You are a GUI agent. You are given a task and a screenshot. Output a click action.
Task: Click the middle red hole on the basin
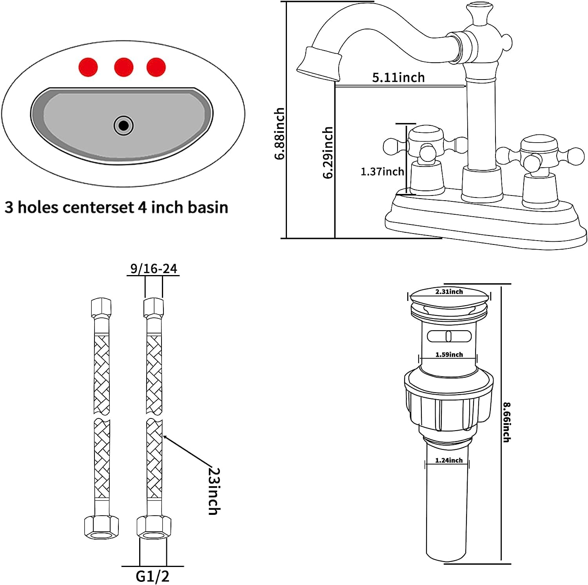(x=123, y=67)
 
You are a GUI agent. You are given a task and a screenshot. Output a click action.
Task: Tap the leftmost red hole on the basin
(x=88, y=67)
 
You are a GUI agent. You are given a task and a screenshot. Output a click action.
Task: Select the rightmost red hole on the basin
(x=156, y=67)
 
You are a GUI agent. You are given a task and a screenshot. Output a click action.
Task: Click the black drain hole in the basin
(x=124, y=125)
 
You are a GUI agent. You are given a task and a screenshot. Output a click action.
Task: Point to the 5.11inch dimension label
(x=398, y=77)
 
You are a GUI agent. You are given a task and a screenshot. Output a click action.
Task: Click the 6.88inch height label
(x=279, y=134)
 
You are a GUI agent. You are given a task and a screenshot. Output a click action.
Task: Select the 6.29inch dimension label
(x=328, y=152)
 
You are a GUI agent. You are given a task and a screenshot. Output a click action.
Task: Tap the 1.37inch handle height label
(x=382, y=171)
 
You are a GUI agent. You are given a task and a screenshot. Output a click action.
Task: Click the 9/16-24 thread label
(x=154, y=268)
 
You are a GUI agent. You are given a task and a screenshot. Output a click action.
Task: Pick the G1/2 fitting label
(x=152, y=576)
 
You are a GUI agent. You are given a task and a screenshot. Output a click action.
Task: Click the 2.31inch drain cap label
(x=449, y=292)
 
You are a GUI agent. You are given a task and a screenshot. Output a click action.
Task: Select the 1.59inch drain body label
(x=449, y=355)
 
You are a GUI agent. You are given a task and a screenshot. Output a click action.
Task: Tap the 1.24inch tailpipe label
(x=449, y=460)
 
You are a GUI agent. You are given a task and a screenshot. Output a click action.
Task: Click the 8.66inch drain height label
(x=506, y=422)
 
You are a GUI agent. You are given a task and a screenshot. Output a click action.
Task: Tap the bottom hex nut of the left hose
(x=102, y=527)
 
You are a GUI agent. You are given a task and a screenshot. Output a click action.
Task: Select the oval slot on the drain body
(x=448, y=336)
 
